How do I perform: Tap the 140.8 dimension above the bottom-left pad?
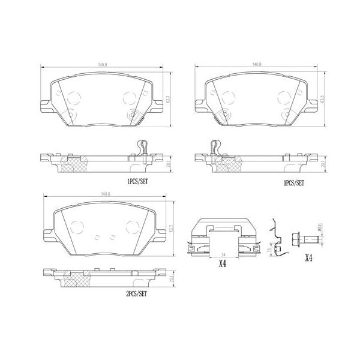click(106, 194)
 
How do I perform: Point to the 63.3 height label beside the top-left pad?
click(170, 96)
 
